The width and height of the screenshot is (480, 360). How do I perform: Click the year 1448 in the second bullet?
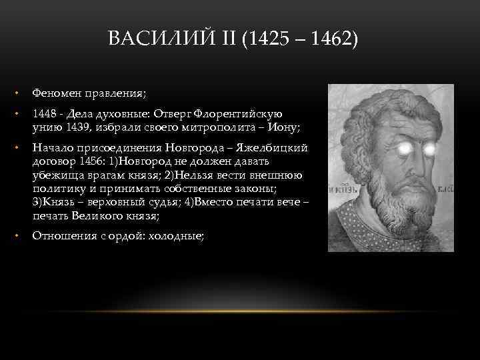point(45,114)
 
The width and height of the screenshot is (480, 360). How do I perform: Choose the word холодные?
point(177,236)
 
